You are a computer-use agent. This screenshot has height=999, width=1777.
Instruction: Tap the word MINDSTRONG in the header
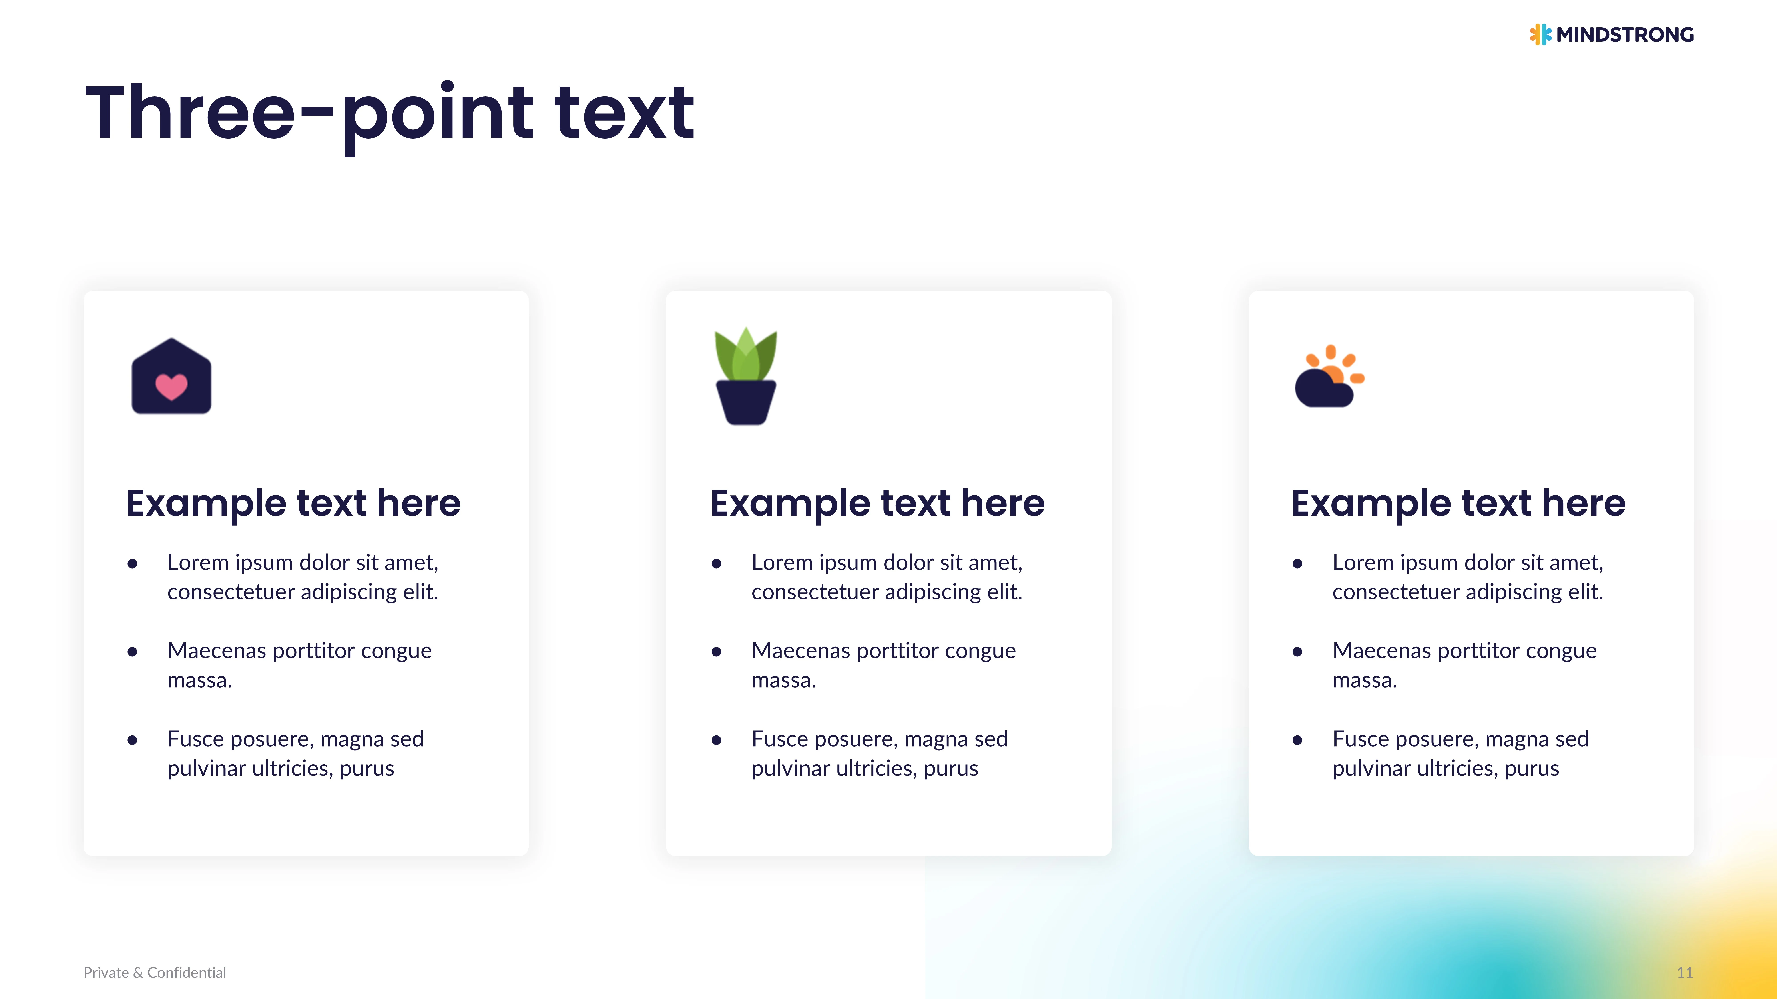pos(1625,34)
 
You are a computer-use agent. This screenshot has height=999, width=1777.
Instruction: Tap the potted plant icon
pos(746,376)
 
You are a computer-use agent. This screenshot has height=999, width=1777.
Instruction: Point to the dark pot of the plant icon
pos(746,403)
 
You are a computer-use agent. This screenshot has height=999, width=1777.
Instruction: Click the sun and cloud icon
pos(1329,376)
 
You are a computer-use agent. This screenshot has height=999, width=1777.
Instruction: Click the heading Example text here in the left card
pos(293,503)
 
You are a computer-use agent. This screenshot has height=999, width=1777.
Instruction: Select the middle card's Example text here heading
pos(877,503)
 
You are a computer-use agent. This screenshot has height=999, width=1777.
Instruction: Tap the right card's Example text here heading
pos(1458,503)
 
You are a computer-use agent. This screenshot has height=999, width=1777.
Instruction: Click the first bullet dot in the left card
pos(132,564)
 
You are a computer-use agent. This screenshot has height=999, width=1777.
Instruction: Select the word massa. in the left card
pos(199,680)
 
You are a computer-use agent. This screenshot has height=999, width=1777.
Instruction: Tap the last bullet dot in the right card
pos(1298,740)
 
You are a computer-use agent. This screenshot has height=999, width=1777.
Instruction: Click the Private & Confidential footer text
pos(155,973)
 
